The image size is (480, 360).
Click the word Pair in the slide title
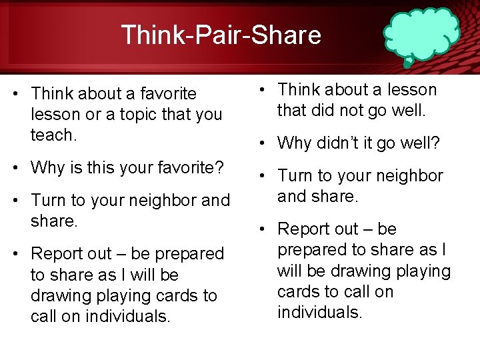click(x=221, y=35)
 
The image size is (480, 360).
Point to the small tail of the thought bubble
click(x=408, y=63)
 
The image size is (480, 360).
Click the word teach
click(x=54, y=135)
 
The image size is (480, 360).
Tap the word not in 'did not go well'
click(x=354, y=110)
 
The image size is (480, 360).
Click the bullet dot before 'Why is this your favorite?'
click(x=15, y=167)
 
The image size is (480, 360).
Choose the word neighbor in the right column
click(x=407, y=175)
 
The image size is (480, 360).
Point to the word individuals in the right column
click(x=319, y=312)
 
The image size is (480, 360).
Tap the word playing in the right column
click(x=423, y=271)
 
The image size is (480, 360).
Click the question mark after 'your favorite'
click(x=218, y=167)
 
